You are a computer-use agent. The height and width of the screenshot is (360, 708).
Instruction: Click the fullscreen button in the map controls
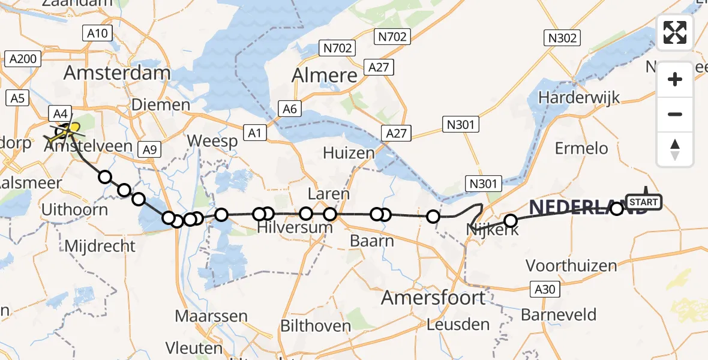pyautogui.click(x=675, y=32)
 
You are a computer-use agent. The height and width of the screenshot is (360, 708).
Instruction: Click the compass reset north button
pyautogui.click(x=675, y=149)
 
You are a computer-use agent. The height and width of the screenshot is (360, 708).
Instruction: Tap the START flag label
pyautogui.click(x=644, y=202)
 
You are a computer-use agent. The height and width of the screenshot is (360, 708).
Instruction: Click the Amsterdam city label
pyautogui.click(x=117, y=73)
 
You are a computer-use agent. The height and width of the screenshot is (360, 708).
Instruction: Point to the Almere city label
pyautogui.click(x=324, y=76)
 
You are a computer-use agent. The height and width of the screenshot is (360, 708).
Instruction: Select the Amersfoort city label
pyautogui.click(x=434, y=298)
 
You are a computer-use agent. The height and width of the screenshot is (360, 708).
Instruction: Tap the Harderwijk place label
pyautogui.click(x=578, y=97)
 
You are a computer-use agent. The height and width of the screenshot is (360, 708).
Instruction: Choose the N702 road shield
pyautogui.click(x=337, y=47)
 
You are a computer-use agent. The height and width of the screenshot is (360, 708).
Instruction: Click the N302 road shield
pyautogui.click(x=562, y=38)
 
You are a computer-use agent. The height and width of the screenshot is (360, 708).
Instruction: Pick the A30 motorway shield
pyautogui.click(x=545, y=290)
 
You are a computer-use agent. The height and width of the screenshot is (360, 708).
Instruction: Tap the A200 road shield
pyautogui.click(x=23, y=59)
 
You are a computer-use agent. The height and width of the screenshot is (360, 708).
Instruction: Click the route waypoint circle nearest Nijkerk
pyautogui.click(x=510, y=221)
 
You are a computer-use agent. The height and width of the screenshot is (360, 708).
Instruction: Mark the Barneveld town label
pyautogui.click(x=558, y=314)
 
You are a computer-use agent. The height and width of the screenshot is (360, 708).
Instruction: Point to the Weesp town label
pyautogui.click(x=212, y=140)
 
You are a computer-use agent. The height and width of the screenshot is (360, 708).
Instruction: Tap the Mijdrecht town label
pyautogui.click(x=100, y=246)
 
